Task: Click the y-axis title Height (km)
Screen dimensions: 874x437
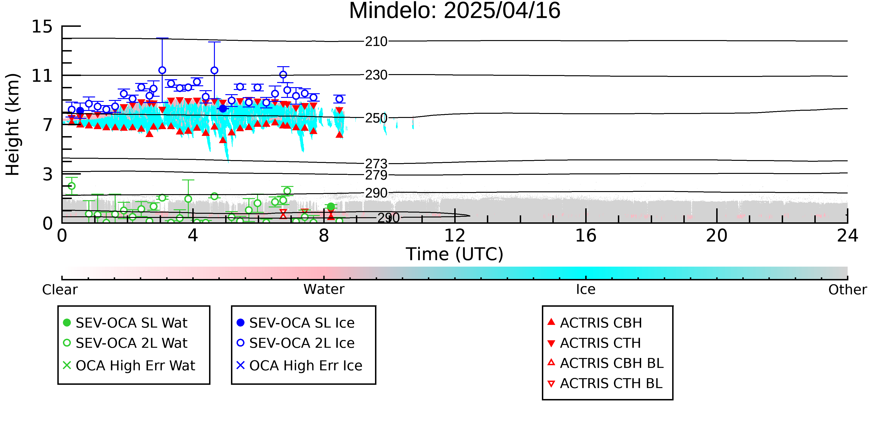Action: click(x=13, y=124)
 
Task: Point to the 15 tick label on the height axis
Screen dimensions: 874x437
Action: click(x=42, y=27)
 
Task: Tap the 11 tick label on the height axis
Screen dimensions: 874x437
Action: click(x=42, y=76)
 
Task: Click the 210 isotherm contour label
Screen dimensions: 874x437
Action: click(x=376, y=41)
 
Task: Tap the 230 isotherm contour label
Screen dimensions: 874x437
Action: click(x=376, y=75)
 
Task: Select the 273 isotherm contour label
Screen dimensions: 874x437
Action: click(x=376, y=164)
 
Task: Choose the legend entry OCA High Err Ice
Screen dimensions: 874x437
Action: click(x=299, y=365)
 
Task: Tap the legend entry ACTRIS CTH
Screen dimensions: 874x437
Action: click(x=594, y=343)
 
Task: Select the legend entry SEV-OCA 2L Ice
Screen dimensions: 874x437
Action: click(x=296, y=343)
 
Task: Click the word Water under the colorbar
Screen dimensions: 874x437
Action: click(x=324, y=289)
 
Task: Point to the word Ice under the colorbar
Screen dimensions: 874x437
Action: click(x=586, y=289)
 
